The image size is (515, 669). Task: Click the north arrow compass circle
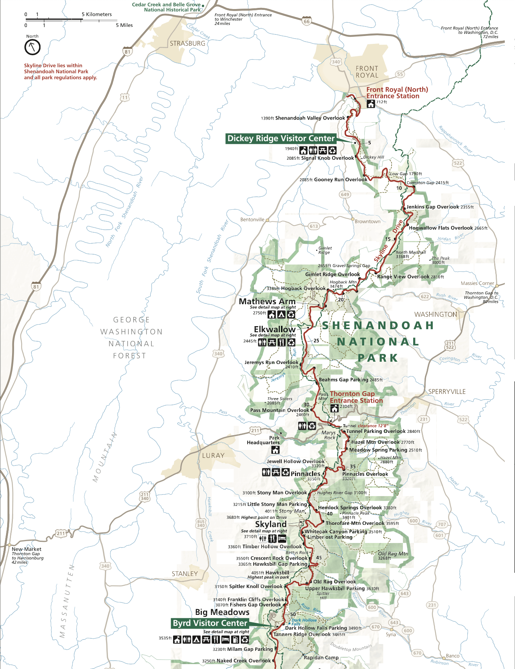click(33, 47)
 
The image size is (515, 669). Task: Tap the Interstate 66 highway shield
click(306, 22)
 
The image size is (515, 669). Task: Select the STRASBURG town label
click(187, 44)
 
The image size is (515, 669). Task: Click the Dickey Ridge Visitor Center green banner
click(281, 138)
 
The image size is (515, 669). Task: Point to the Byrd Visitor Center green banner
click(210, 623)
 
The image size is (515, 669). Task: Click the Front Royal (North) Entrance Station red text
click(396, 93)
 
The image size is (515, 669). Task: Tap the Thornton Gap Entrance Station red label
click(356, 397)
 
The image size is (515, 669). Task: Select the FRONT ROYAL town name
click(367, 72)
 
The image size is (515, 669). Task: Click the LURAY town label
click(213, 456)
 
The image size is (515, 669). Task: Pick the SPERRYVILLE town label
click(447, 392)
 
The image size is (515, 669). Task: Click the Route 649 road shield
click(345, 194)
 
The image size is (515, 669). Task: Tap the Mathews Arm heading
click(267, 302)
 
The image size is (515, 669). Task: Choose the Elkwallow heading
click(275, 329)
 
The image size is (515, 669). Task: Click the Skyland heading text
click(271, 524)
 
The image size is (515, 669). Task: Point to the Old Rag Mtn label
click(393, 554)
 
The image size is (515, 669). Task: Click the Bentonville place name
click(252, 219)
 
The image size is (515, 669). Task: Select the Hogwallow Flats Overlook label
click(441, 228)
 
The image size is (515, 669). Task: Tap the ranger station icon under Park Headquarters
click(275, 450)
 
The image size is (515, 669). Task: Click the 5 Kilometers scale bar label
click(97, 14)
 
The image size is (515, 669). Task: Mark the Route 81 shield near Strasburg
click(128, 52)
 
